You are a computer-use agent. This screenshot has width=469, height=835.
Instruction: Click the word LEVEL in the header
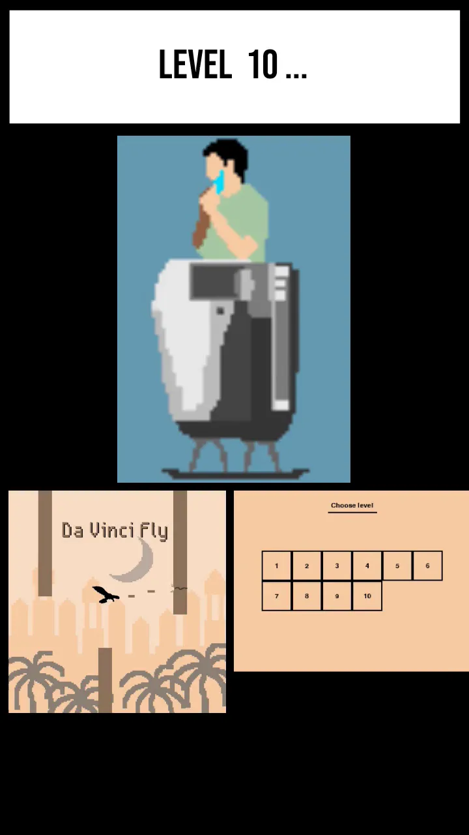pyautogui.click(x=195, y=64)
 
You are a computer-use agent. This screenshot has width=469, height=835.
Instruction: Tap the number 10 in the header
pyautogui.click(x=263, y=64)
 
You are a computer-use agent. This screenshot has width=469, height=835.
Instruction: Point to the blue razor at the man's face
pyautogui.click(x=220, y=182)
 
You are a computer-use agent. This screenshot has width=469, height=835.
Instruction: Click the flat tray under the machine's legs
pyautogui.click(x=235, y=474)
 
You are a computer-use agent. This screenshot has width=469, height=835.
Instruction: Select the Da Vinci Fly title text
pyautogui.click(x=115, y=531)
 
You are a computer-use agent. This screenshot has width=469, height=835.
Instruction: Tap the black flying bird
pyautogui.click(x=106, y=594)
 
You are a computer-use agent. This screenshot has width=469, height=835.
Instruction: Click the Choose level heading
pyautogui.click(x=352, y=506)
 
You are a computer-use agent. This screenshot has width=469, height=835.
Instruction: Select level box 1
pyautogui.click(x=277, y=566)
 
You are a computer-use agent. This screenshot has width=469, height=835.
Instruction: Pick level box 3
pyautogui.click(x=337, y=566)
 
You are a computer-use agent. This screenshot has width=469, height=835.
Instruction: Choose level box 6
pyautogui.click(x=427, y=566)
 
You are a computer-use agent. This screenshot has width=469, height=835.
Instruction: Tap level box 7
pyautogui.click(x=277, y=596)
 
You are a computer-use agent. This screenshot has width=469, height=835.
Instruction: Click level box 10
pyautogui.click(x=367, y=596)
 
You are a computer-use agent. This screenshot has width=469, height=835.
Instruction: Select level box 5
pyautogui.click(x=397, y=566)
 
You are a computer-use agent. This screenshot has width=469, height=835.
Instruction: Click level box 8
pyautogui.click(x=307, y=596)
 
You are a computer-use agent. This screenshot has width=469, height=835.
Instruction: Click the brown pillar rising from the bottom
pyautogui.click(x=106, y=680)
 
